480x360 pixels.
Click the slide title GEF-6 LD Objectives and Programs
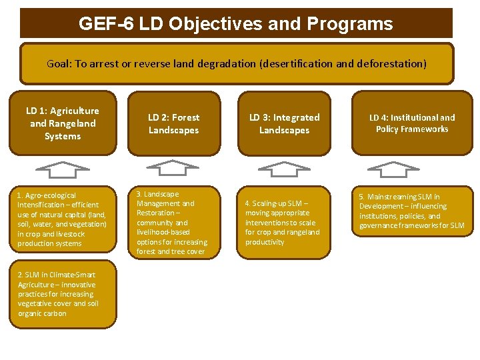tap(235, 24)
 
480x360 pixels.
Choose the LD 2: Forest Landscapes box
tap(173, 123)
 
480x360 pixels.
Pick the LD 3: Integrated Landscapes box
tap(284, 123)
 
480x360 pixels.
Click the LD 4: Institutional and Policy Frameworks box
tap(412, 123)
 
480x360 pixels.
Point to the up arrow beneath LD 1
tap(61, 170)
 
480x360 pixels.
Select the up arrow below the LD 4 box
tap(394, 169)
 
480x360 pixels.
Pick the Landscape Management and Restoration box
tap(173, 223)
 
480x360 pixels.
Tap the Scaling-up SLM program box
tap(284, 223)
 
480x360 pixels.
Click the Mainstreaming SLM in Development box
tap(412, 211)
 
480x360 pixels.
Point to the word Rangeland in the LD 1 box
tap(73, 123)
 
